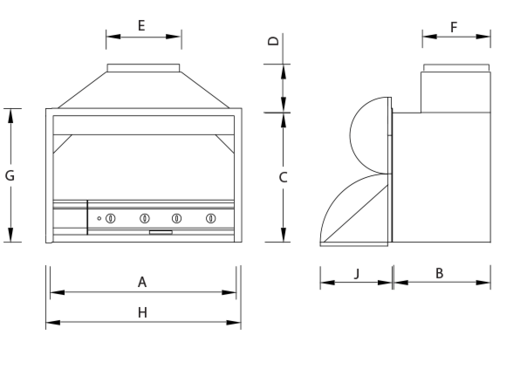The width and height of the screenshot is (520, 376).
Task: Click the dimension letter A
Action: click(141, 282)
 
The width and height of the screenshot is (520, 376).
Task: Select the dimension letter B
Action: click(440, 273)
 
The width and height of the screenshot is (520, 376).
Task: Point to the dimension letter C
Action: click(283, 176)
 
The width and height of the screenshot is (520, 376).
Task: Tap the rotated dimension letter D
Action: click(273, 41)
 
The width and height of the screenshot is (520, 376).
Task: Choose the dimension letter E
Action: click(141, 25)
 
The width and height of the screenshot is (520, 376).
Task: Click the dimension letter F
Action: click(454, 27)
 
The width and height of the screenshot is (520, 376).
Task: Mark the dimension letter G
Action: click(10, 175)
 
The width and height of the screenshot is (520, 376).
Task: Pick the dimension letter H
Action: click(142, 311)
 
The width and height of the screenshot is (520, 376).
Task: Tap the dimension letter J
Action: click(356, 273)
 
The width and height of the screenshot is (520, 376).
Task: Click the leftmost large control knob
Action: click(111, 217)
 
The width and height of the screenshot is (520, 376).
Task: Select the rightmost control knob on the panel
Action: click(210, 217)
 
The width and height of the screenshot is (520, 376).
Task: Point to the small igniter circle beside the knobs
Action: click(99, 217)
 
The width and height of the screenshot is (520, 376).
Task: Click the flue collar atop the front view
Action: click(144, 68)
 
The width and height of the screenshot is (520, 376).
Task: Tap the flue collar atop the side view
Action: click(455, 68)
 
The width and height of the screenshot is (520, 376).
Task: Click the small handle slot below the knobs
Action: click(161, 232)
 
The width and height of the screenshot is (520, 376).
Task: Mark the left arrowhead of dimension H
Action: click(51, 324)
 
